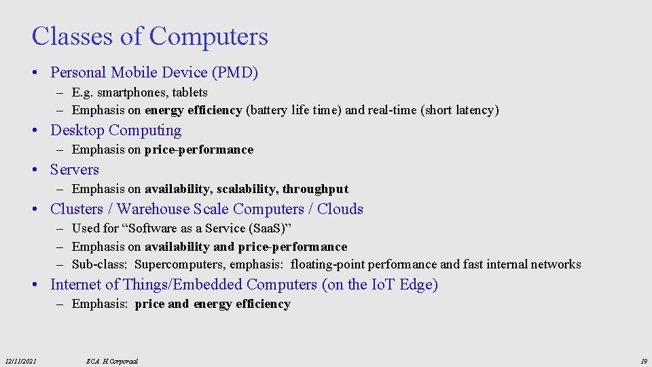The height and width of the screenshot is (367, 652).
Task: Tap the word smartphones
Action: pos(132,92)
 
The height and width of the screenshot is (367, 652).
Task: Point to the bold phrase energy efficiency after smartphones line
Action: pos(194,110)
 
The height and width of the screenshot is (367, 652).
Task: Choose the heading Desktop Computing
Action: pos(116,130)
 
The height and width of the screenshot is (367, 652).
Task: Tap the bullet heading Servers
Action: pos(75,169)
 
